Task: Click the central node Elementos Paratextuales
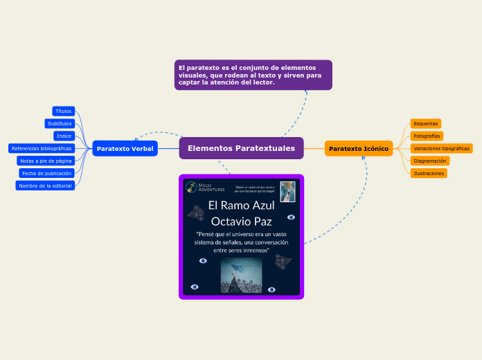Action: coord(241,148)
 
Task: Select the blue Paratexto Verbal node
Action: coord(125,149)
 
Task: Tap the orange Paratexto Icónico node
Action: coord(358,149)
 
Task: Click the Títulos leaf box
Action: coord(63,111)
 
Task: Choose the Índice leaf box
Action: coord(64,136)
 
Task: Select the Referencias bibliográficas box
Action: coord(42,148)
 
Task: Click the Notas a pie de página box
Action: coord(46,161)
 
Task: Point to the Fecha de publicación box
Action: coord(46,173)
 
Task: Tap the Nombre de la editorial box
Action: coord(45,186)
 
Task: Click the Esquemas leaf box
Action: coord(425,123)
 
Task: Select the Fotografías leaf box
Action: coord(427,136)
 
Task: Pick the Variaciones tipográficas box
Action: coord(441,148)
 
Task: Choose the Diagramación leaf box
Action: coord(429,161)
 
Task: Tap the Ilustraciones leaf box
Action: coord(428,173)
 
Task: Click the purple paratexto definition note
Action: coord(253,75)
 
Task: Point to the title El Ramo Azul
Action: coord(242,206)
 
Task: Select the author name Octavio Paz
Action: coord(241,222)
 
